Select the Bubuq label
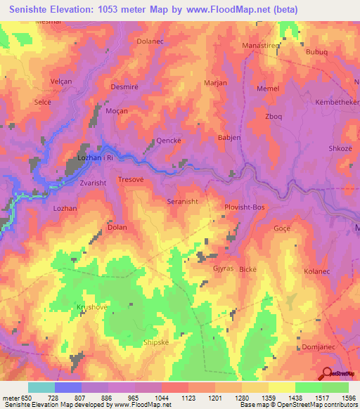[317, 51]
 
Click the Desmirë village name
[124, 87]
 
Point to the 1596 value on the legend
[348, 398]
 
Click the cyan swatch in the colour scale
[41, 387]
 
